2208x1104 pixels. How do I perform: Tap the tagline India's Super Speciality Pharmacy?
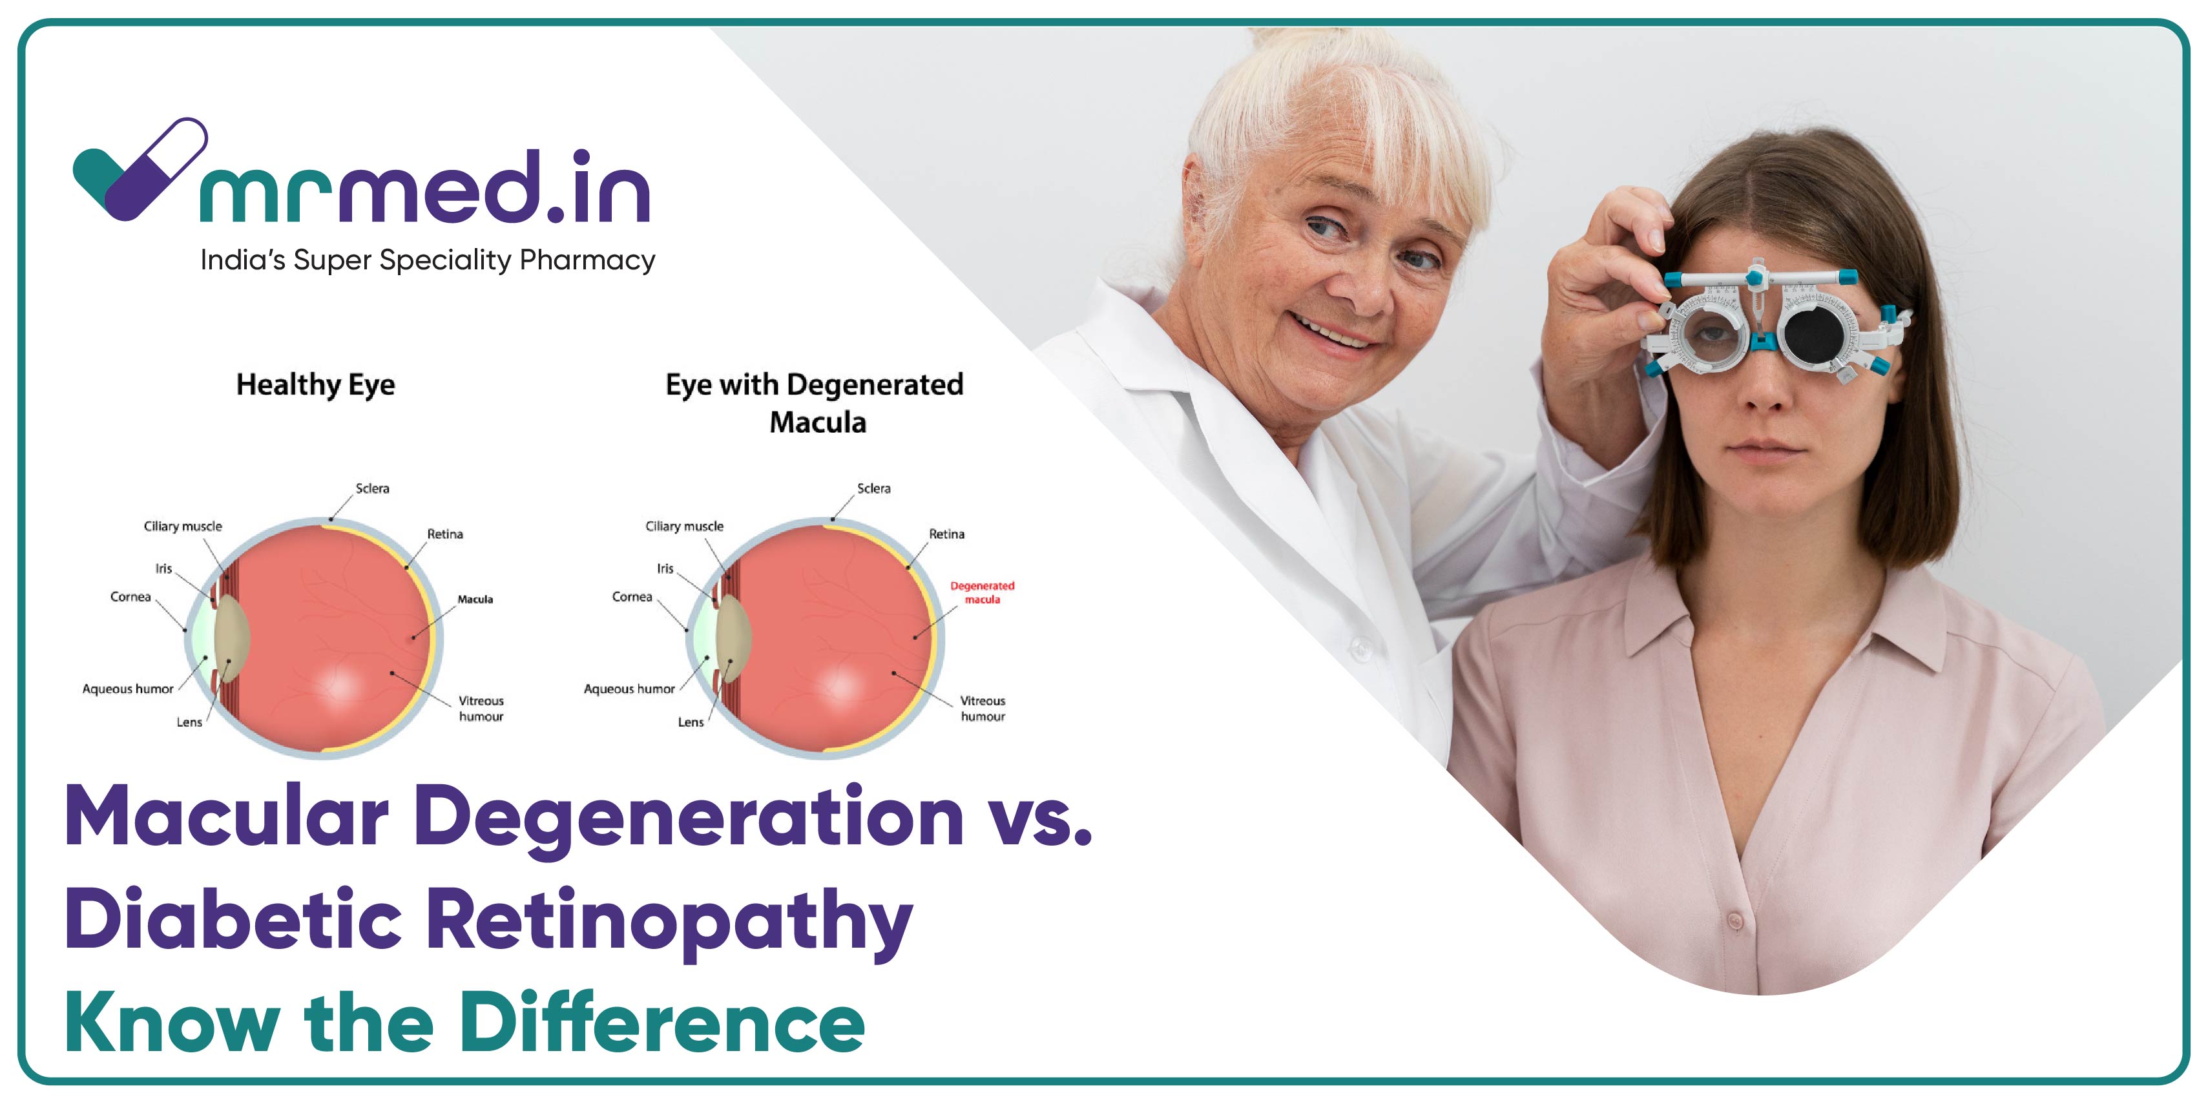pyautogui.click(x=428, y=260)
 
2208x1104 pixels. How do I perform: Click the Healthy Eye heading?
pyautogui.click(x=315, y=385)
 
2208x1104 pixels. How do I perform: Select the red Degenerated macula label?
pyautogui.click(x=983, y=592)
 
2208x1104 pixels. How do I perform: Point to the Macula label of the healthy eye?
pyautogui.click(x=475, y=599)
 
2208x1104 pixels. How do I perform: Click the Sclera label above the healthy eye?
pyautogui.click(x=372, y=488)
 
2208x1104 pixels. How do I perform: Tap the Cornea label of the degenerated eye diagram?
pyautogui.click(x=632, y=596)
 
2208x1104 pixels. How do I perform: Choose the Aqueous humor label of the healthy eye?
pyautogui.click(x=128, y=689)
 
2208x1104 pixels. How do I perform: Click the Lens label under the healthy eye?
pyautogui.click(x=189, y=723)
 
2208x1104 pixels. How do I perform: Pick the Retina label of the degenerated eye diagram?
pyautogui.click(x=946, y=534)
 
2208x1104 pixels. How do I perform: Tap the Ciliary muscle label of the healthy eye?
pyautogui.click(x=183, y=526)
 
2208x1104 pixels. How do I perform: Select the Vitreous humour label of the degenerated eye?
pyautogui.click(x=983, y=709)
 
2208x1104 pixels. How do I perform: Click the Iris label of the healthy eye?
pyautogui.click(x=163, y=568)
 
